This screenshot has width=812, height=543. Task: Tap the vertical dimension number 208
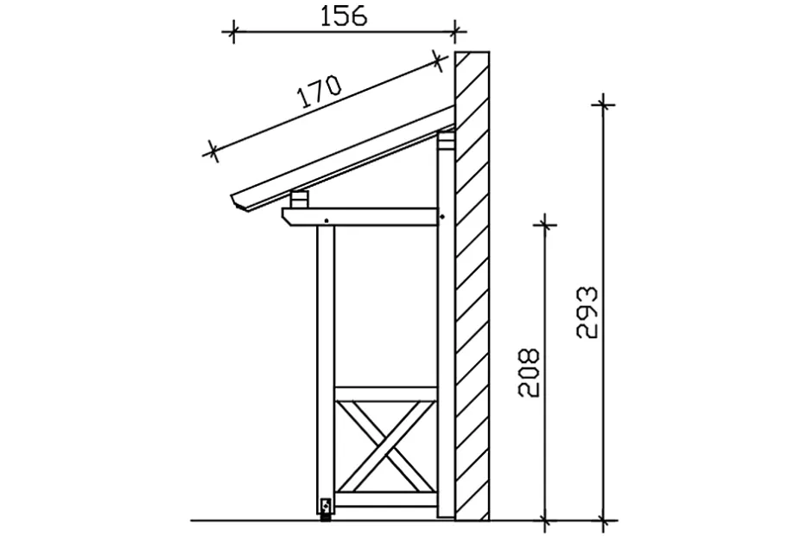[530, 373]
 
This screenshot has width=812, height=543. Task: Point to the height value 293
[587, 312]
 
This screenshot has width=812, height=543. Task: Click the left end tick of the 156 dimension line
[231, 34]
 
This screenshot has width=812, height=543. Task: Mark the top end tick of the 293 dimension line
[603, 105]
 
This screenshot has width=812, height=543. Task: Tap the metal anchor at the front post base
[326, 508]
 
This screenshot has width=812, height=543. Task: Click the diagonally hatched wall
[473, 285]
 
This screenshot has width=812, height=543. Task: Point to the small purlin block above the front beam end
[299, 200]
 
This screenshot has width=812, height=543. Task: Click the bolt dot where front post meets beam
[326, 223]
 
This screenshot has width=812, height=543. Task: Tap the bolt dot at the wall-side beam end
[441, 216]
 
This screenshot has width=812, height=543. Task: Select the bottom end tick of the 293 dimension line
[603, 520]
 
